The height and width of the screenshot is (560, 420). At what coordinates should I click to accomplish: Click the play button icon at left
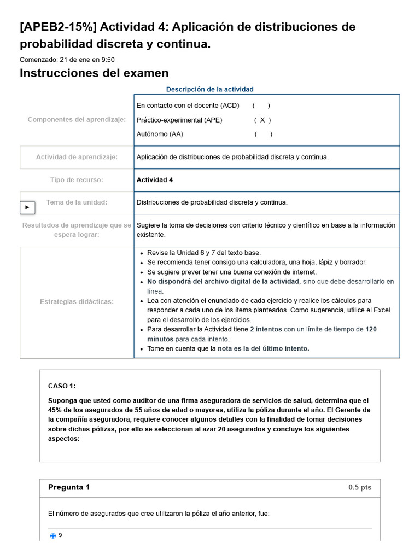27,208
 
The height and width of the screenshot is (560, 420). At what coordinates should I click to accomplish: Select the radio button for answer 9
53,536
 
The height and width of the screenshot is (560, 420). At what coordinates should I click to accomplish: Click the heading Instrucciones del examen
94,73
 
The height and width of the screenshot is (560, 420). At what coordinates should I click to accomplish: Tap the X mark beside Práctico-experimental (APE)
262,120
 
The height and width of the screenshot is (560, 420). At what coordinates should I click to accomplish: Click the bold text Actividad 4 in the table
155,180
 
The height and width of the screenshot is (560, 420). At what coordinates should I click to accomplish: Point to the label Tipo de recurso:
77,180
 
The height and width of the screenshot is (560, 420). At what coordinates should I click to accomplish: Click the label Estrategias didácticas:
77,301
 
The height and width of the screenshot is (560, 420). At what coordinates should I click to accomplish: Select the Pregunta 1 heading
69,487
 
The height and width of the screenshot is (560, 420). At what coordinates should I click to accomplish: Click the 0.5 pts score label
359,488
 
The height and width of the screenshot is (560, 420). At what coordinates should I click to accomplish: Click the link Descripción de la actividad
209,89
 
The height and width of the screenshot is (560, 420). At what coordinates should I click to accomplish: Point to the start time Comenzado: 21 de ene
67,60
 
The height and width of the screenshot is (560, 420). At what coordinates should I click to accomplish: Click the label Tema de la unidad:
77,202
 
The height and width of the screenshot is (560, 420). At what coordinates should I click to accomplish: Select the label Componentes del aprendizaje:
77,120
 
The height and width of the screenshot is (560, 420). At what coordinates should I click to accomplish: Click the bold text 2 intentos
266,330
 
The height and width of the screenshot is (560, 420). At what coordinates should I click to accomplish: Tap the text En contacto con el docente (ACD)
188,106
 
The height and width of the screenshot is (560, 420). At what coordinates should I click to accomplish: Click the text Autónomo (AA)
160,134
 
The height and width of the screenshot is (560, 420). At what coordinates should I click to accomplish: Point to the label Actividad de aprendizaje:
77,157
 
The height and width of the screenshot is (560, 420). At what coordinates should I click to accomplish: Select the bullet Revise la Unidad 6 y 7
204,253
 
